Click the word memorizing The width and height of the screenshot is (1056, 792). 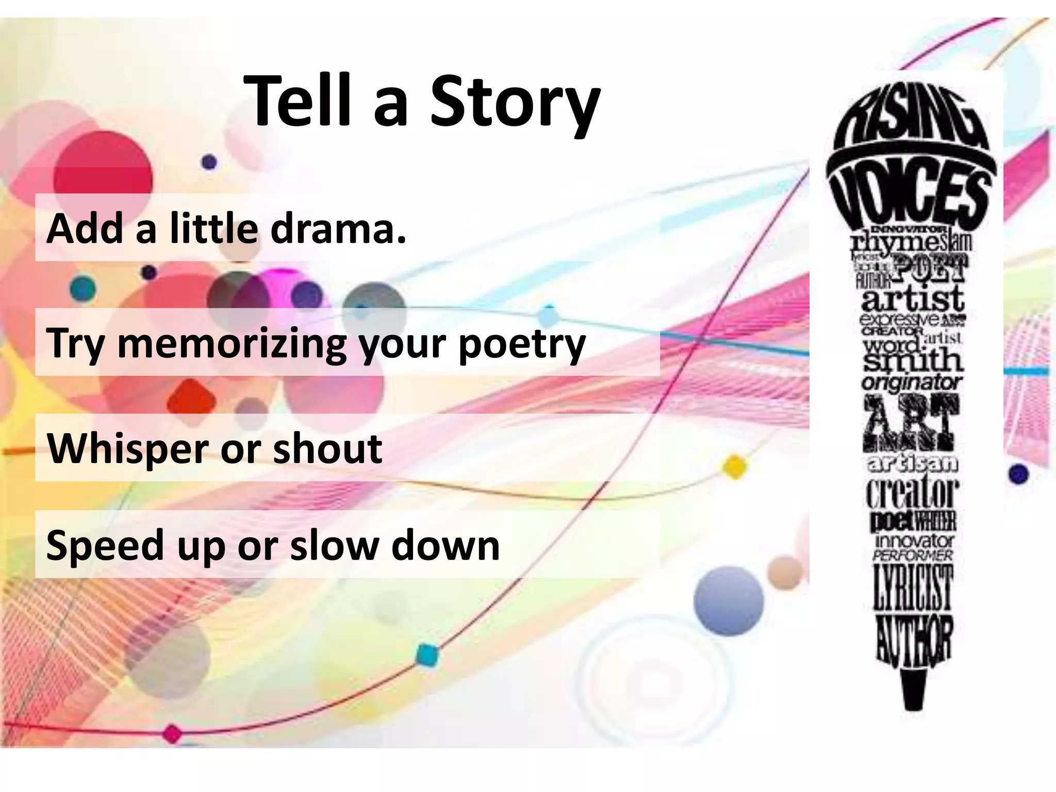[x=232, y=343]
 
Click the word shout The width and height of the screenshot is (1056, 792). [x=327, y=448]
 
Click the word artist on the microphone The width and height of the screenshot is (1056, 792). [x=912, y=298]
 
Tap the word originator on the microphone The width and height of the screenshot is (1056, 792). [x=911, y=382]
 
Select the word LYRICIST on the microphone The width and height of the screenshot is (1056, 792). [x=912, y=587]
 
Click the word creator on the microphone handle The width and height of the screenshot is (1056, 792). [x=912, y=492]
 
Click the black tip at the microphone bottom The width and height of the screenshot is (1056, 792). [x=914, y=691]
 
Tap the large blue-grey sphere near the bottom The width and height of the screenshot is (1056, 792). [x=728, y=601]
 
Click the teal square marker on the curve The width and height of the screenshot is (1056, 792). [x=426, y=655]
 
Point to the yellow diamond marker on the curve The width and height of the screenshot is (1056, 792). [x=735, y=466]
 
